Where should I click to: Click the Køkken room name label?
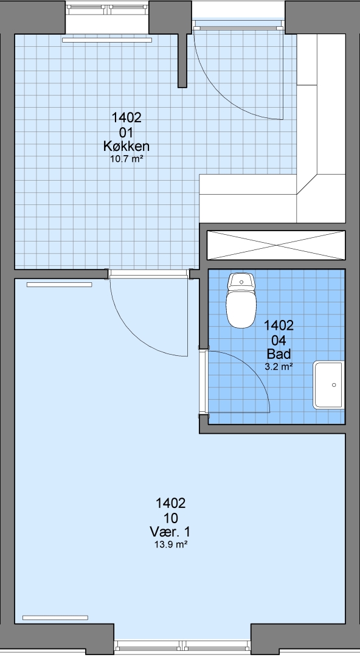(126, 146)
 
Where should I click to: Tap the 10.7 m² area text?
(126, 159)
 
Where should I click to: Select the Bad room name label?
(279, 354)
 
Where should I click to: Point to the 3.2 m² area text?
(279, 367)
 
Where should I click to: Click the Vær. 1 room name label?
(170, 532)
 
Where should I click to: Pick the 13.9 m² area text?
(170, 544)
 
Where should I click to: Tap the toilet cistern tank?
(241, 280)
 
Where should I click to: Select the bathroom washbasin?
(328, 385)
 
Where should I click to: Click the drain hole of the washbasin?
(334, 384)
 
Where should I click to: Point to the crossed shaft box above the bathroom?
(276, 245)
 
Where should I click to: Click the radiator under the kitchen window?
(107, 40)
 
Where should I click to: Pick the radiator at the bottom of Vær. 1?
(55, 617)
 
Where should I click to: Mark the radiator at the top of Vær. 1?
(59, 285)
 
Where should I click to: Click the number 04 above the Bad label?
(279, 340)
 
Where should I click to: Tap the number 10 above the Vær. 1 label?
(170, 518)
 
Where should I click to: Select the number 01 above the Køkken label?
(126, 133)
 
